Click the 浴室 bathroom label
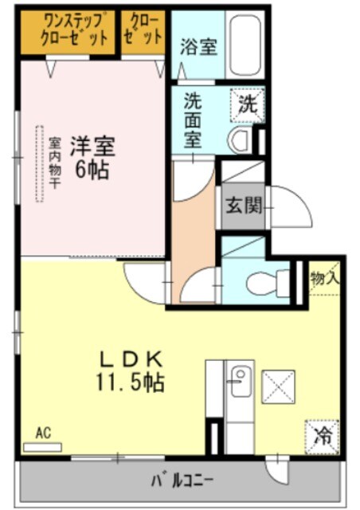pos(198,47)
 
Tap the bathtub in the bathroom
pos(244,44)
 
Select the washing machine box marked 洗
pos(248,104)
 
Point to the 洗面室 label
pos(193,120)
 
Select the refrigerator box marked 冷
pos(323,435)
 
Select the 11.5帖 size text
pos(131,383)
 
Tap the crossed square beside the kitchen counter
pos(278,386)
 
